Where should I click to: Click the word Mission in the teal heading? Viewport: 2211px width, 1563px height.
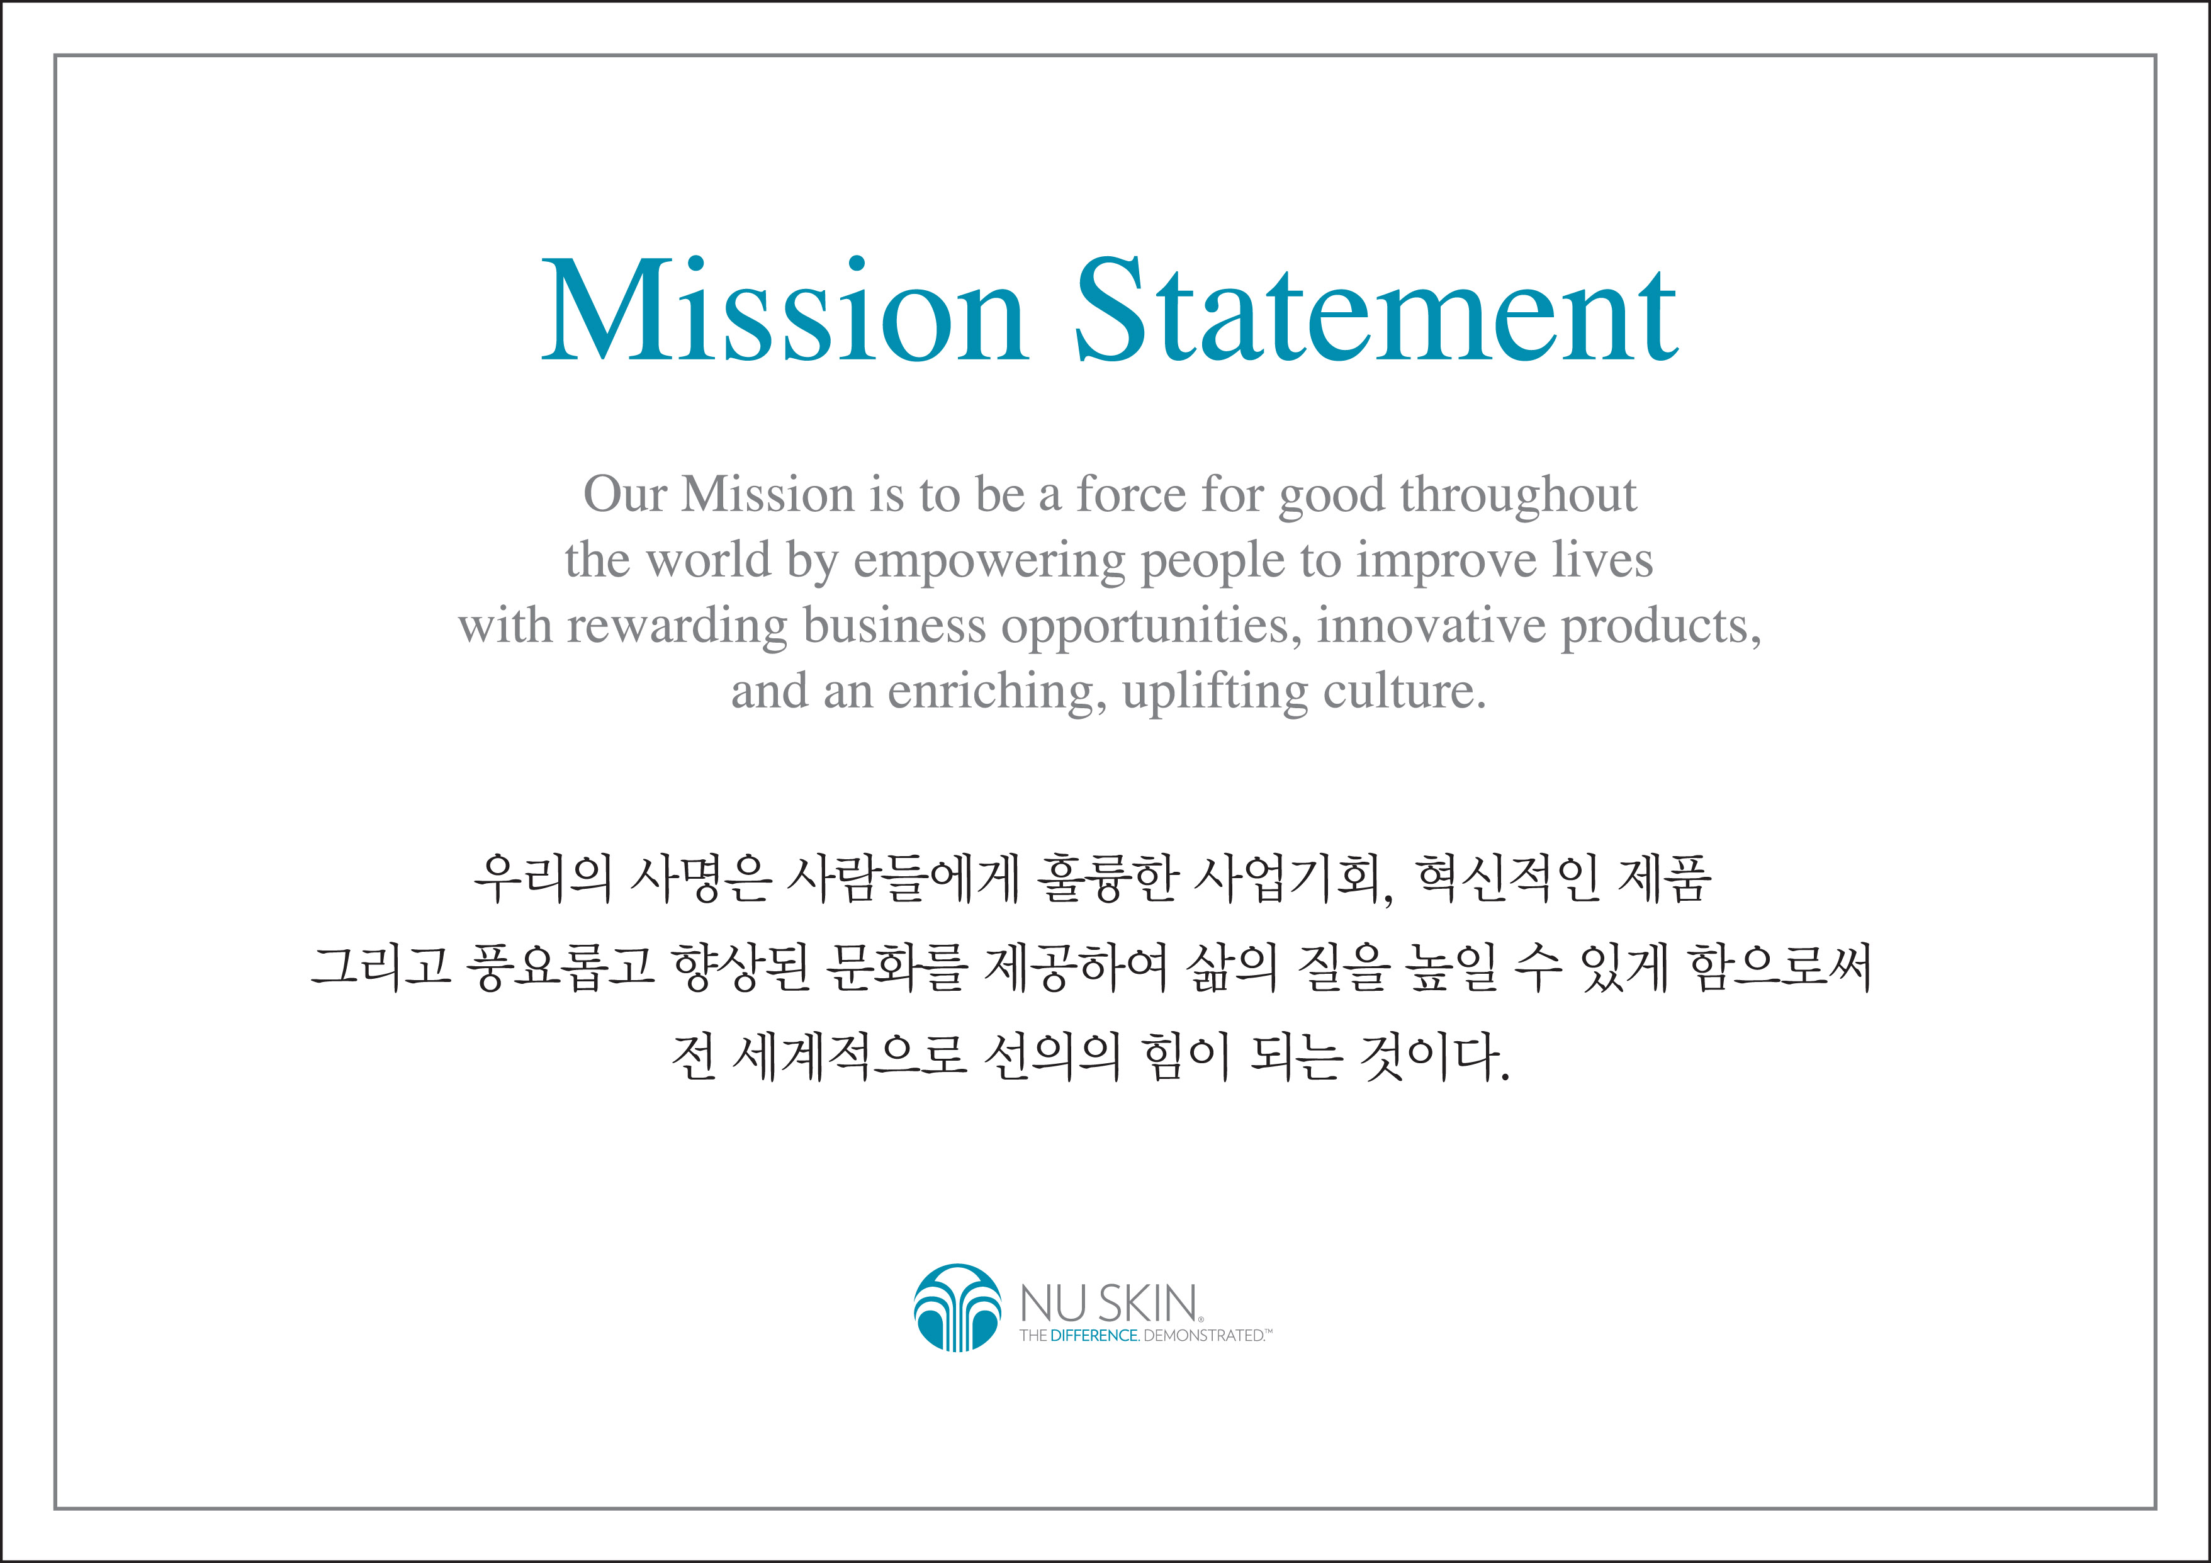pos(784,310)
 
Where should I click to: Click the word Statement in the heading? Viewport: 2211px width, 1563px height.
pos(1377,310)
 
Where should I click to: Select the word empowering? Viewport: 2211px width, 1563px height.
pos(989,562)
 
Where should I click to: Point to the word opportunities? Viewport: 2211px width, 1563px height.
pos(1152,628)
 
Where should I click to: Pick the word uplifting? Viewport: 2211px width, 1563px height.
pos(1214,694)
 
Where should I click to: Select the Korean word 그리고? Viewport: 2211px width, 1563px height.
pos(381,967)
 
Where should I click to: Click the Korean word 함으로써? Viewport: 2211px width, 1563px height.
pos(1781,967)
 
